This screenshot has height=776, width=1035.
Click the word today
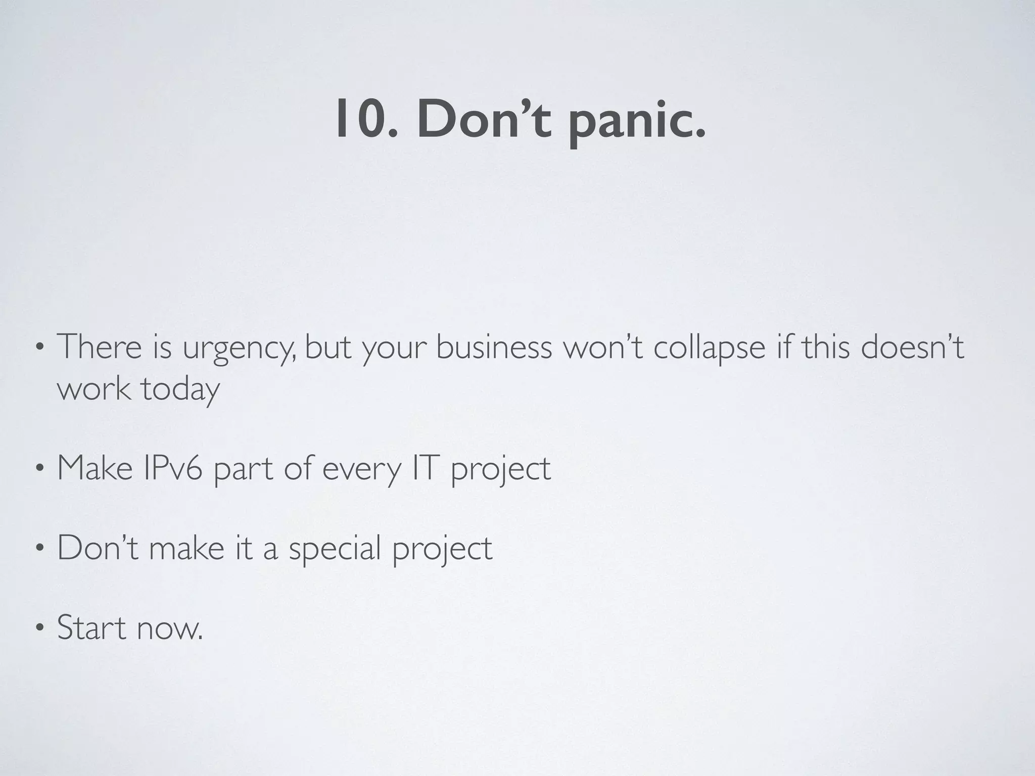click(180, 390)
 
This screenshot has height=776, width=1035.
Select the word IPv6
click(173, 468)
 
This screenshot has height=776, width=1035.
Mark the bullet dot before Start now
click(39, 629)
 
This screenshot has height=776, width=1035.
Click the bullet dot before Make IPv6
click(39, 469)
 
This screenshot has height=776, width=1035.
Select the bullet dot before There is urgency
click(39, 349)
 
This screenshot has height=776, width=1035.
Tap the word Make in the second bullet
click(95, 468)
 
